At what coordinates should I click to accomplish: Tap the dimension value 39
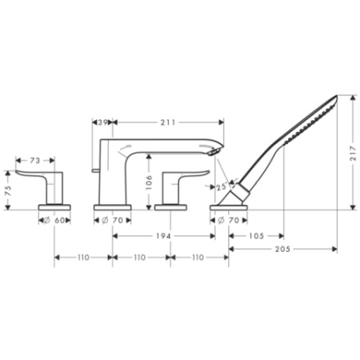point(102,122)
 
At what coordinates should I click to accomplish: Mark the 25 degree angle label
point(222,187)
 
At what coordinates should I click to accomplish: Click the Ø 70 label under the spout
point(114,218)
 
